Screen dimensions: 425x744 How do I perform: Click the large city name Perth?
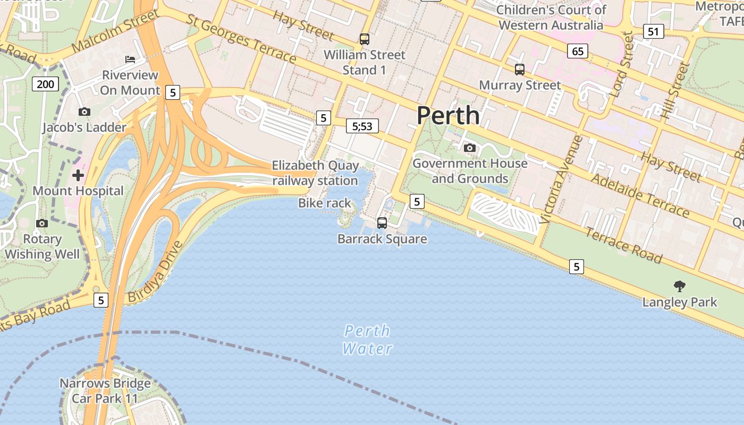tap(448, 115)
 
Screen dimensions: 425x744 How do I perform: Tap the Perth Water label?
tap(367, 340)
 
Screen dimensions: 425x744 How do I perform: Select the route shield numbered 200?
tap(45, 83)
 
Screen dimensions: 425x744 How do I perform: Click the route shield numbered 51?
tap(653, 31)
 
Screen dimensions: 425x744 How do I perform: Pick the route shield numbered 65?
tap(578, 51)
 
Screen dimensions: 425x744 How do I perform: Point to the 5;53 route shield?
tap(362, 126)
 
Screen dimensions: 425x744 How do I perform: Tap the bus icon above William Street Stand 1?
tap(364, 39)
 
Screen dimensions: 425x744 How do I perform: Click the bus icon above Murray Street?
tap(519, 69)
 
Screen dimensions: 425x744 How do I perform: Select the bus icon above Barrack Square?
tap(382, 223)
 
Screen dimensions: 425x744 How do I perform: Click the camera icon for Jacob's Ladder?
tap(84, 112)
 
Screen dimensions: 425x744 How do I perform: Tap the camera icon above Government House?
tap(469, 148)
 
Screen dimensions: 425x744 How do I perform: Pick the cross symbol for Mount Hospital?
tap(78, 175)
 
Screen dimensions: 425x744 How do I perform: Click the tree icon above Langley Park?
tap(679, 286)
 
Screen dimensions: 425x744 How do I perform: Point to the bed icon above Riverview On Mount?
tap(130, 59)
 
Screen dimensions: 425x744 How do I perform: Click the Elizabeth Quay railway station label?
tap(315, 173)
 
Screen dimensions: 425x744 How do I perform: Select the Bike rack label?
tap(325, 203)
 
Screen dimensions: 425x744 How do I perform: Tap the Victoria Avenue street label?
tap(561, 180)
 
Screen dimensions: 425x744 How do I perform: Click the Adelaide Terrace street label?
tap(640, 195)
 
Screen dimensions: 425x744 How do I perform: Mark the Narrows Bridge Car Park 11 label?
tap(105, 390)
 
